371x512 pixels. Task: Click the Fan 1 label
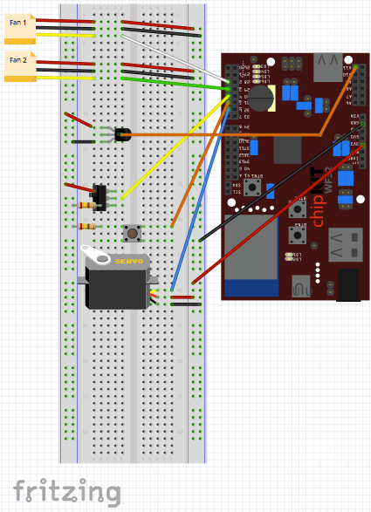coord(19,24)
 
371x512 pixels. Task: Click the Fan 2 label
coord(18,60)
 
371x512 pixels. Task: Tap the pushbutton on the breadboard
coord(133,232)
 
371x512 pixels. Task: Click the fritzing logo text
coord(66,490)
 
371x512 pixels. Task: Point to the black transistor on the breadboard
coord(122,134)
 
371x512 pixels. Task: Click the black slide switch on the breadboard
coord(100,196)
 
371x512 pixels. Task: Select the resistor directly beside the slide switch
coord(87,206)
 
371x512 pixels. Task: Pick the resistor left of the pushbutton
coord(87,226)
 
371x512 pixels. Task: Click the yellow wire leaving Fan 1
coord(70,37)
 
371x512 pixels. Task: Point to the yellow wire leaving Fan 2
coord(70,78)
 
